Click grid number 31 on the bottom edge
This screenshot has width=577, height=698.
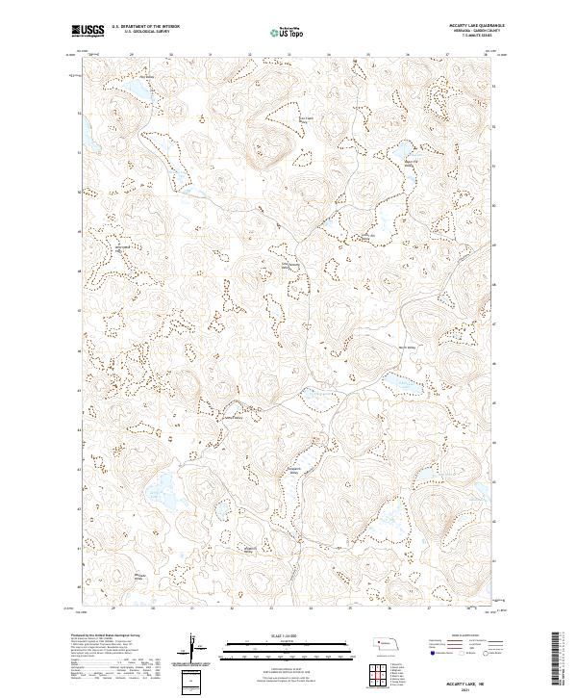point(192,608)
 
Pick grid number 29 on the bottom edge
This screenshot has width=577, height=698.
point(113,608)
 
